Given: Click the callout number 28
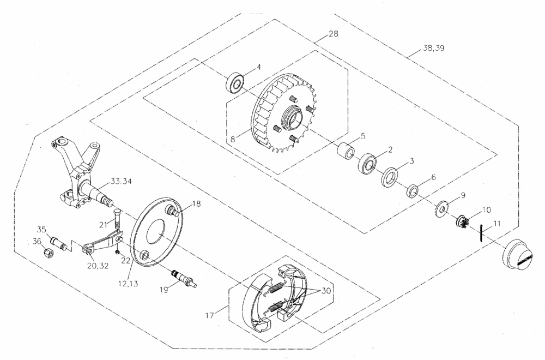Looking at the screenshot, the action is (x=333, y=34).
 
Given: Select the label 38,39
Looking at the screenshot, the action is (x=433, y=48).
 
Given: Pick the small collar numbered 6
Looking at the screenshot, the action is (x=413, y=191).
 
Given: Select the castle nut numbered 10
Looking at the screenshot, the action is (x=461, y=221).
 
